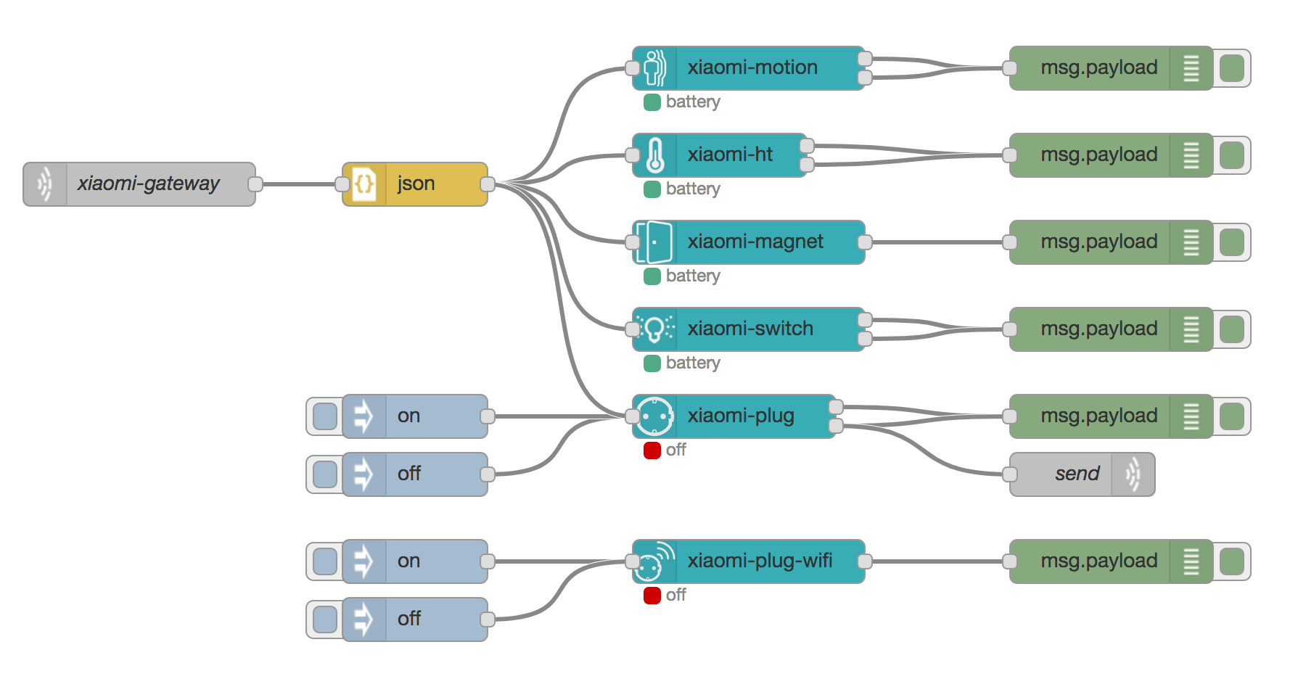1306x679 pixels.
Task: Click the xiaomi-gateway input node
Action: point(145,184)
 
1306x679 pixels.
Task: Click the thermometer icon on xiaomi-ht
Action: point(654,155)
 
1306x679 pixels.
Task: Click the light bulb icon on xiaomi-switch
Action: point(654,329)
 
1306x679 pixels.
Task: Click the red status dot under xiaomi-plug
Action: point(652,450)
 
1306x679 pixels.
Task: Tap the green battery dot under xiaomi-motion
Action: point(652,102)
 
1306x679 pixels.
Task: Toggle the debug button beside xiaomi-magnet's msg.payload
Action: point(1232,242)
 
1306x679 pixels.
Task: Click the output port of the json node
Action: point(488,184)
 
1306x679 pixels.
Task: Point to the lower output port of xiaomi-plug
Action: point(836,426)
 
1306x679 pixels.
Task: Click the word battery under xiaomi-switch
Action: point(693,363)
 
